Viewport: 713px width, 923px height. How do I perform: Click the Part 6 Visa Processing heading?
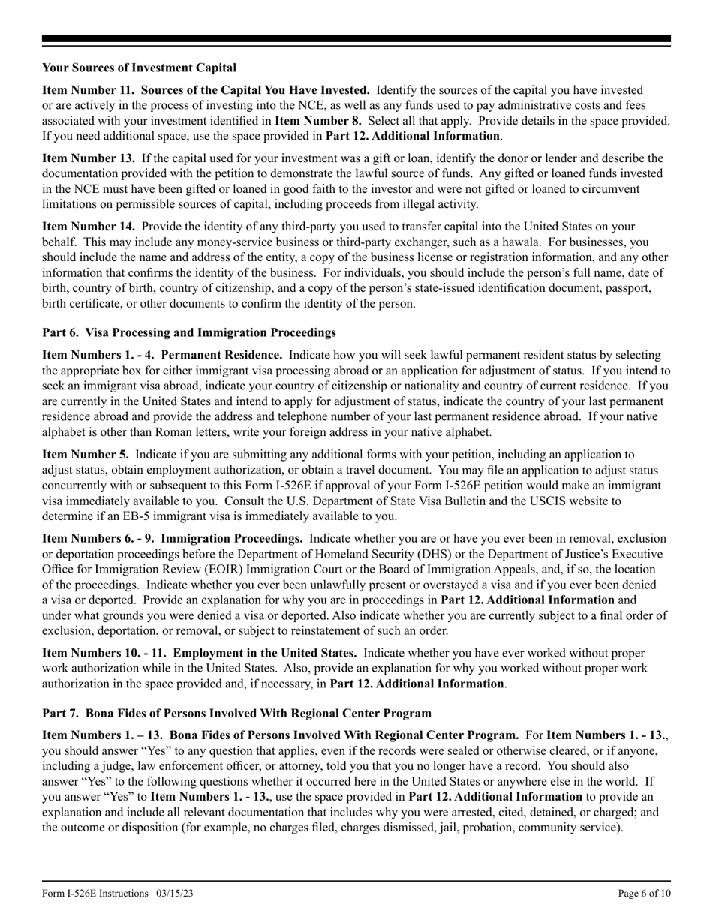pos(189,332)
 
